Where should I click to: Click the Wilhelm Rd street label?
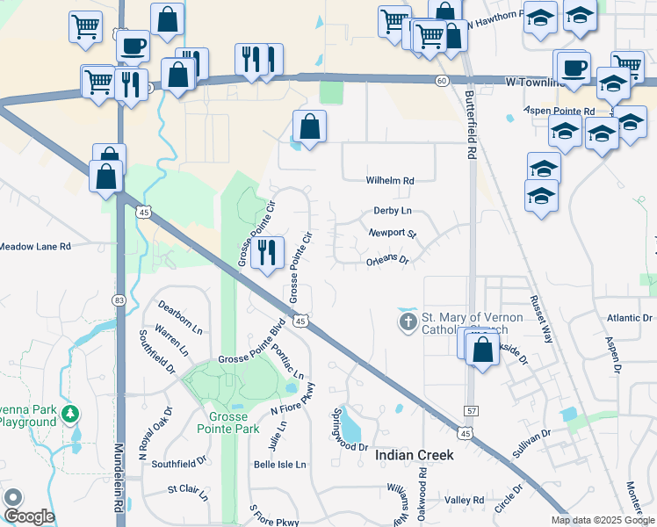(390, 181)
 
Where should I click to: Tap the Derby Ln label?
(392, 211)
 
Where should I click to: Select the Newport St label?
(392, 234)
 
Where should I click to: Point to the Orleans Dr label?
(387, 261)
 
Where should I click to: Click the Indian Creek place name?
(415, 455)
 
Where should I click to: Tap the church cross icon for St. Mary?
(408, 323)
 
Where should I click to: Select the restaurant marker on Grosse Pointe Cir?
(267, 253)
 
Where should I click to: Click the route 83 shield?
(119, 300)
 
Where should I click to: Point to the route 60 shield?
(441, 81)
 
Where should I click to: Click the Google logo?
(28, 516)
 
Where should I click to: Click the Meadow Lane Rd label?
(35, 247)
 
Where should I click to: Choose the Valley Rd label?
(464, 500)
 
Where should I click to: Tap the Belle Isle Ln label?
(279, 464)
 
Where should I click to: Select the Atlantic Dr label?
(626, 318)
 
